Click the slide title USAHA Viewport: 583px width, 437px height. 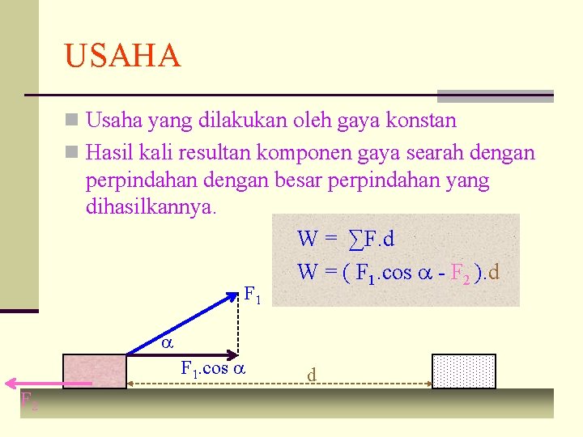pos(122,56)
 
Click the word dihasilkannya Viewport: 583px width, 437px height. pos(151,207)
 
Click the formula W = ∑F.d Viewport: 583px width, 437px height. pos(346,239)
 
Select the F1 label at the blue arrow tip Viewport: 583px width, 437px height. pos(252,295)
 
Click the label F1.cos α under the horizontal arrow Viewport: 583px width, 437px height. pos(213,369)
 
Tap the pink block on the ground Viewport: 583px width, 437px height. pos(94,371)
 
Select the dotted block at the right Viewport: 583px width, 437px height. pos(463,371)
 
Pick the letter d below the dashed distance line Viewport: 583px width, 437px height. pos(312,375)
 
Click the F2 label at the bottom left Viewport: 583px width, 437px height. pos(28,400)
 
